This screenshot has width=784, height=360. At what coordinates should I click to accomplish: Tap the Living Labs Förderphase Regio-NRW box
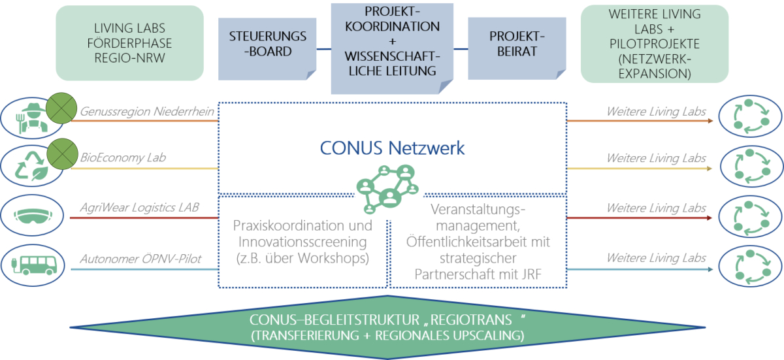(x=130, y=43)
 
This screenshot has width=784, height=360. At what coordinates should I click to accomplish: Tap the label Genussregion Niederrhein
(x=147, y=112)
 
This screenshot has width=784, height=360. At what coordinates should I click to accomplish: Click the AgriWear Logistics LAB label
(x=139, y=207)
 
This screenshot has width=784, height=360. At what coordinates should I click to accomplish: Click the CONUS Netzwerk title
(x=392, y=148)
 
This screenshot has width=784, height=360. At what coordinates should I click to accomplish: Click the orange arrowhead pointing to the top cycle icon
(x=710, y=121)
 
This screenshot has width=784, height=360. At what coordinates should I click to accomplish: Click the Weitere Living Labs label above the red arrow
(x=656, y=208)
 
